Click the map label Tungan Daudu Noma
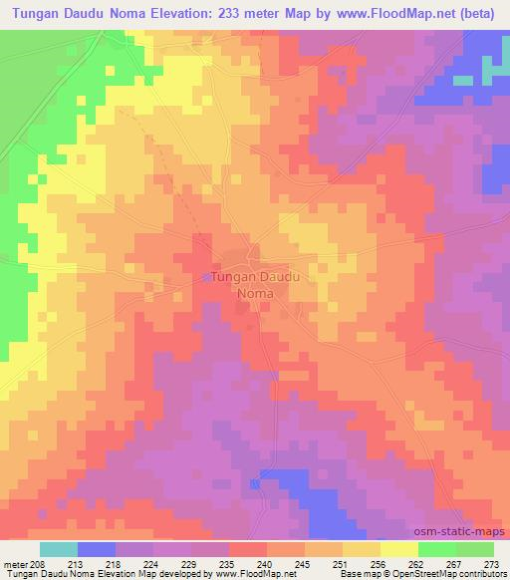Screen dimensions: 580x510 tap(256, 285)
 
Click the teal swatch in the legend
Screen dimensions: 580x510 tap(59, 549)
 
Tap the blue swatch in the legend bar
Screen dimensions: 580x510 tap(97, 549)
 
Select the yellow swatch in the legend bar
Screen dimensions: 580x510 tap(399, 549)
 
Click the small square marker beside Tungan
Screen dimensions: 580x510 tap(207, 277)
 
